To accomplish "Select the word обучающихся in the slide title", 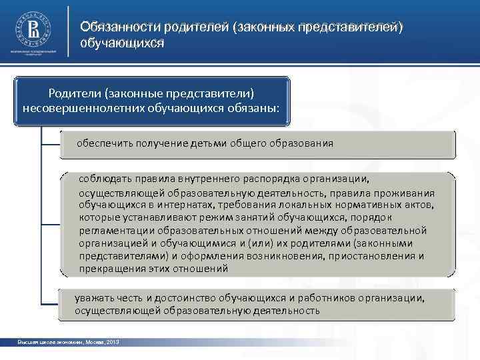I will click(122, 43).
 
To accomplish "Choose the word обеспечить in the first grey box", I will click(104, 143).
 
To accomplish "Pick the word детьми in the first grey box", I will click(209, 143).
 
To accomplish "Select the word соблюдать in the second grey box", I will click(103, 179).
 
